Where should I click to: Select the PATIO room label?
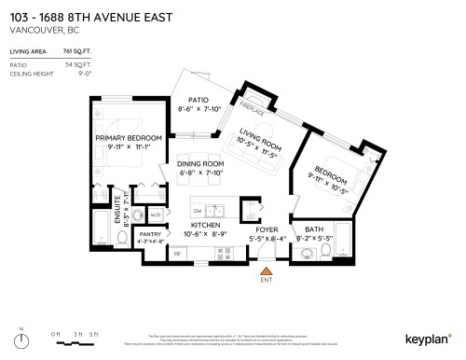[x=197, y=100]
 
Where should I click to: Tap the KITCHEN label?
[x=205, y=226]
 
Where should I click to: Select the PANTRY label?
[x=149, y=234]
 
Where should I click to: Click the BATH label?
[x=313, y=229]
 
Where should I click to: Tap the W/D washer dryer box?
[x=156, y=215]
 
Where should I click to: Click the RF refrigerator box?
[x=177, y=253]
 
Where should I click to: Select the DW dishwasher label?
[x=197, y=210]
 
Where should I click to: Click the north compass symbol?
[x=23, y=339]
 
